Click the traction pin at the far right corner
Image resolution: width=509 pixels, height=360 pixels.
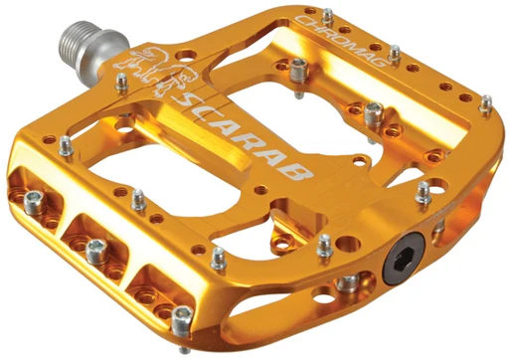[x=486, y=101]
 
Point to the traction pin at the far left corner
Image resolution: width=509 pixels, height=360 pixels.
[x=66, y=146]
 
